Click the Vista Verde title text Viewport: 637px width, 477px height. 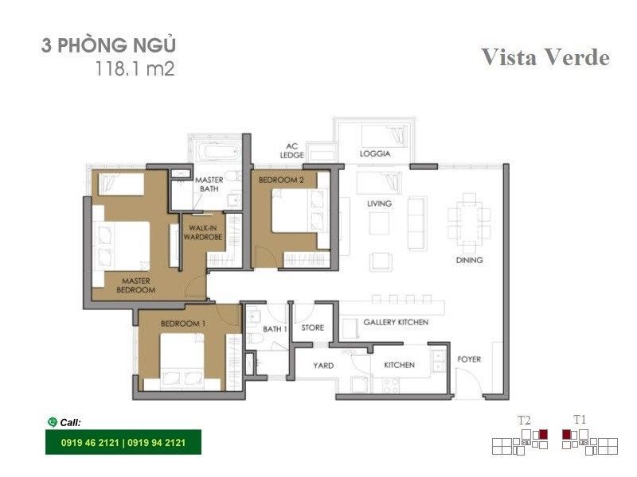[x=545, y=56]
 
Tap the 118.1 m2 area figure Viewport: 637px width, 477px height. [x=135, y=68]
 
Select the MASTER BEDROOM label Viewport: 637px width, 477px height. [x=135, y=285]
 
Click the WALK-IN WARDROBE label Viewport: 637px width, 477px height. [x=203, y=232]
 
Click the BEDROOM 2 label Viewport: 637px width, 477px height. [x=281, y=180]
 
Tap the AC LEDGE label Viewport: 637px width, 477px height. [x=291, y=150]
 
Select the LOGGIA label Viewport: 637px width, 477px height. [x=374, y=153]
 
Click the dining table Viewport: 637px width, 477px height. [x=468, y=222]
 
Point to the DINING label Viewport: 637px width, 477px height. [x=469, y=260]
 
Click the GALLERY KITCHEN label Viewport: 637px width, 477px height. [x=396, y=322]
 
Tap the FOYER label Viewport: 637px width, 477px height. [x=469, y=359]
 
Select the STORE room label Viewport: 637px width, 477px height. [x=312, y=328]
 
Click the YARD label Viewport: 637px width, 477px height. [x=323, y=366]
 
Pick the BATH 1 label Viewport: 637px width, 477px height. [x=275, y=328]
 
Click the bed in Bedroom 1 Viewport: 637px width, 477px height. [x=182, y=361]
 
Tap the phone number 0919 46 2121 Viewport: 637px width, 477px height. [x=90, y=443]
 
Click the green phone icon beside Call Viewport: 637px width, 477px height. [x=52, y=422]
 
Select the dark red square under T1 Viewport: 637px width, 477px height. [x=566, y=434]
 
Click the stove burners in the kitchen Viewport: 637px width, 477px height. [x=391, y=385]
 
